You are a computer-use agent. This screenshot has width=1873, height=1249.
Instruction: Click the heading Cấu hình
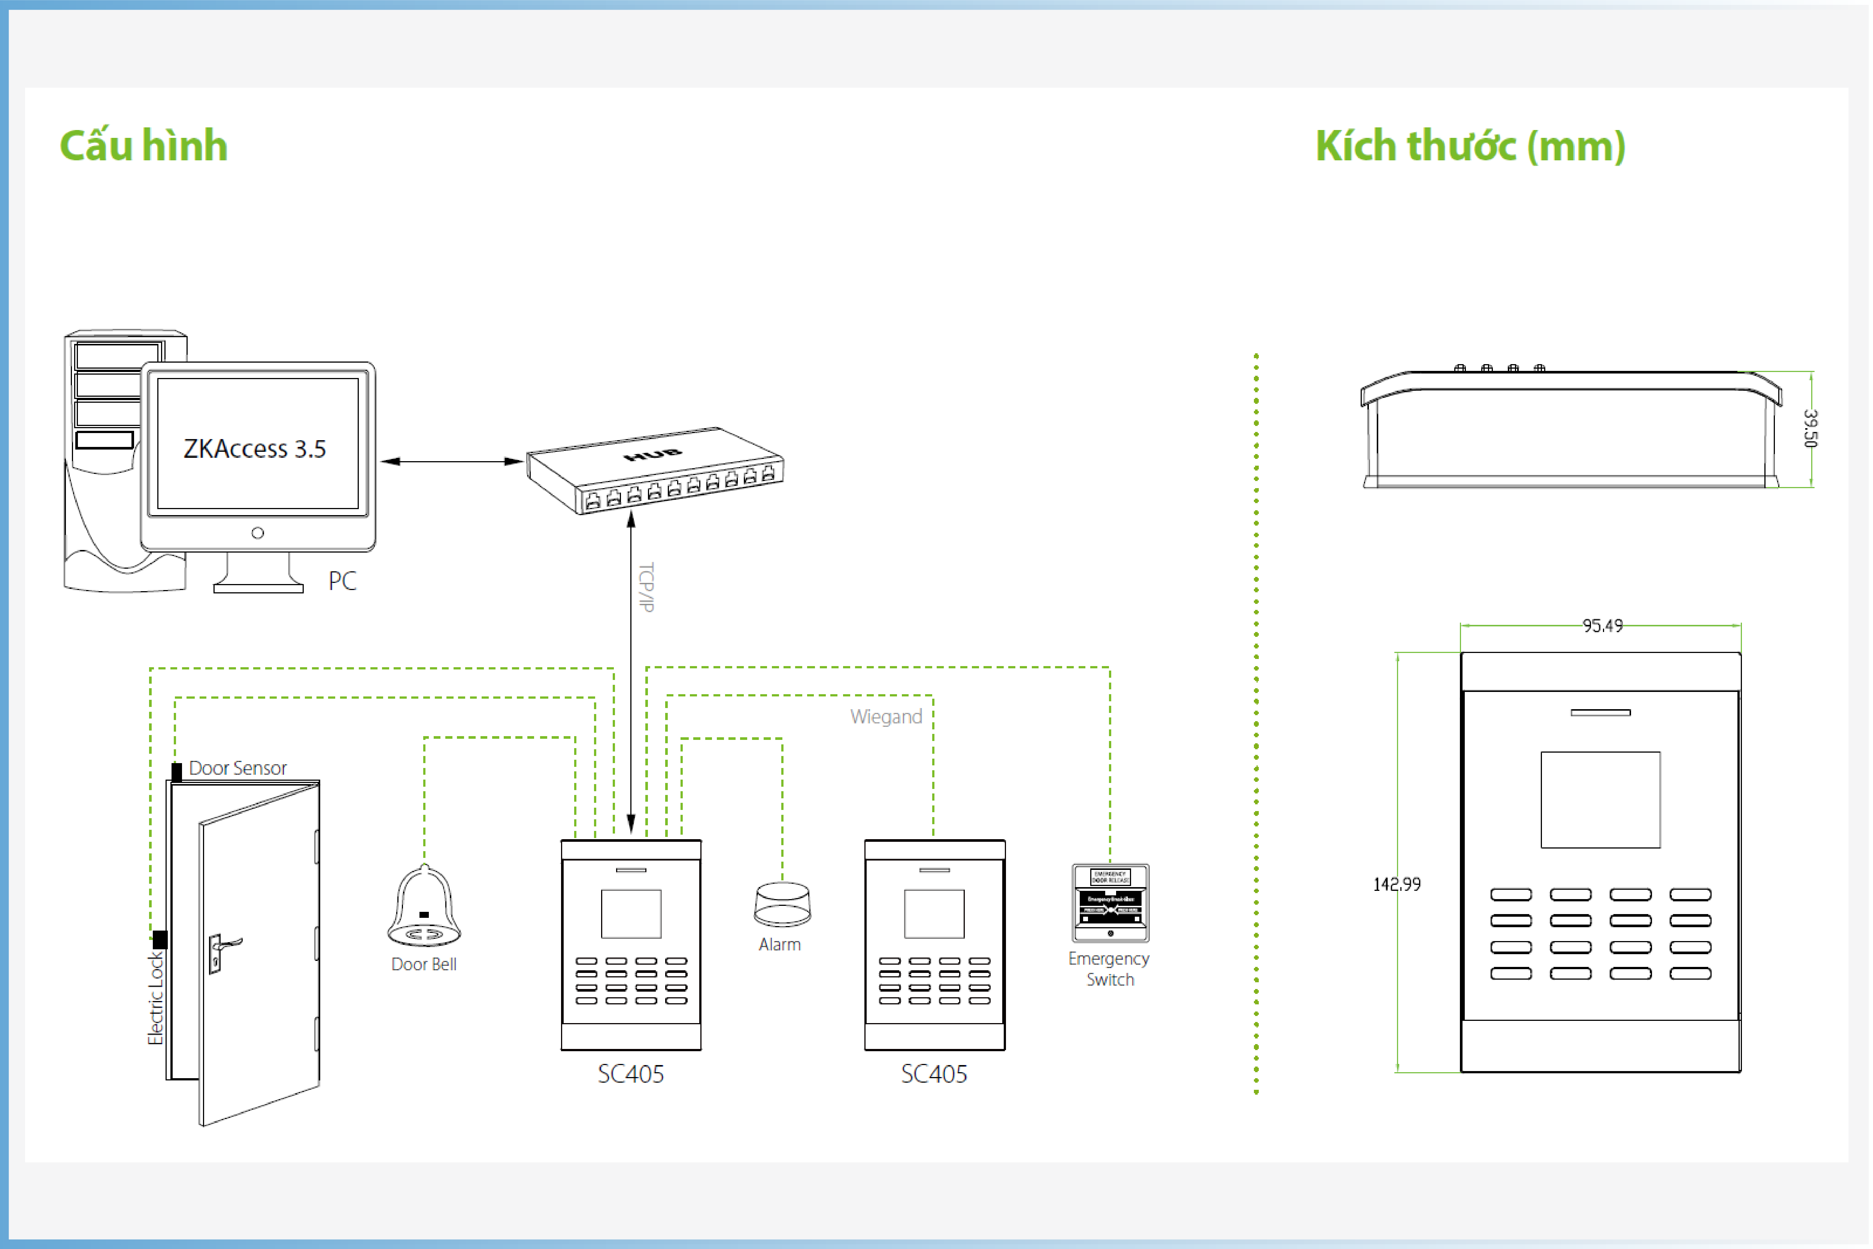pyautogui.click(x=143, y=146)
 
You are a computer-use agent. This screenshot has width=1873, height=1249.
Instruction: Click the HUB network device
pyautogui.click(x=655, y=470)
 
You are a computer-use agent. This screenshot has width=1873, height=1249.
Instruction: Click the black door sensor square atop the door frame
pyautogui.click(x=177, y=772)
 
